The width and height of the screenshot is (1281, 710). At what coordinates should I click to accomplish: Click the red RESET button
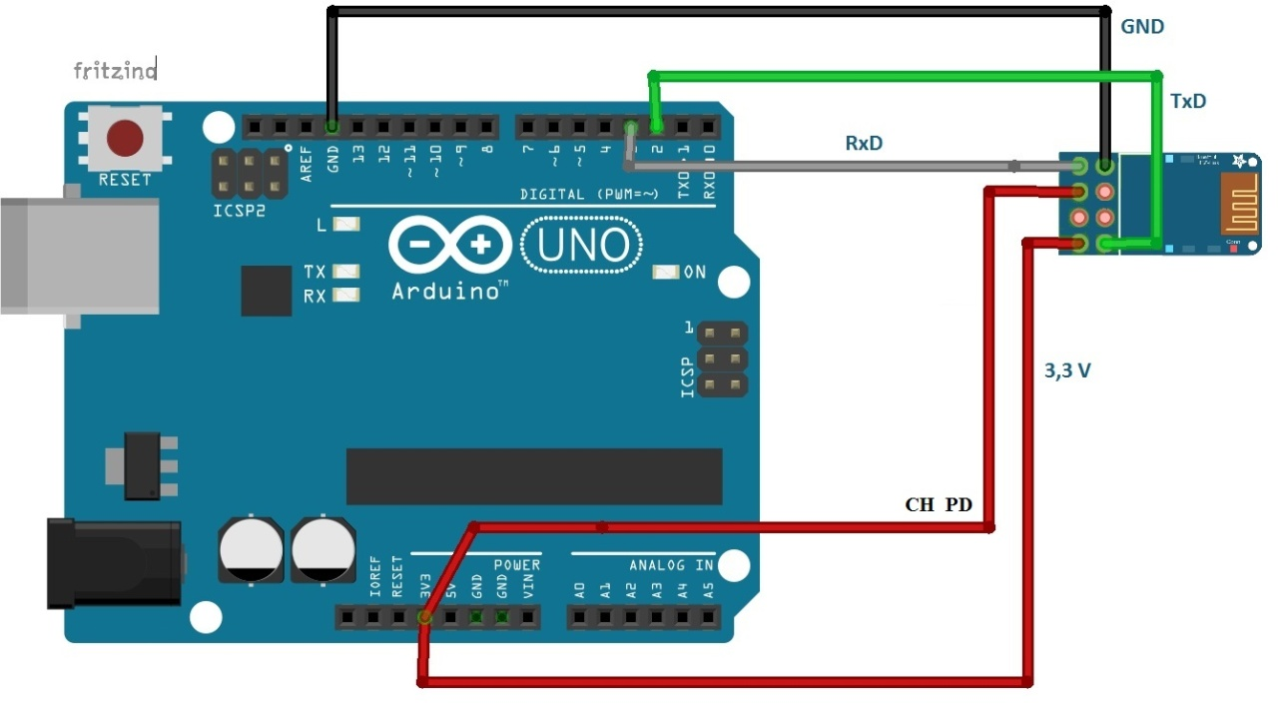pyautogui.click(x=125, y=139)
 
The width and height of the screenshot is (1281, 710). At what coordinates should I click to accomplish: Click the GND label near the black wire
pyautogui.click(x=1142, y=27)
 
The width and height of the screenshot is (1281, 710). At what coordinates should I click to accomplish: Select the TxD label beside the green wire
pyautogui.click(x=1187, y=101)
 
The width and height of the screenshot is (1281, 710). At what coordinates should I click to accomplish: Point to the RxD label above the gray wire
pyautogui.click(x=864, y=143)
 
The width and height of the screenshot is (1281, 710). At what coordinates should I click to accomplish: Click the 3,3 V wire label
pyautogui.click(x=1067, y=370)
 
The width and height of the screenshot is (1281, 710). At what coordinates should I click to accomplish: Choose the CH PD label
pyautogui.click(x=938, y=504)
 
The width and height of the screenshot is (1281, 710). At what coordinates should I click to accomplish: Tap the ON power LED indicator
pyautogui.click(x=666, y=272)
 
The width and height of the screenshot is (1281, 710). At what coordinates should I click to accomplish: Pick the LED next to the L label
pyautogui.click(x=345, y=225)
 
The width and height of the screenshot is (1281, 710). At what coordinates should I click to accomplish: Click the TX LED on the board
pyautogui.click(x=345, y=272)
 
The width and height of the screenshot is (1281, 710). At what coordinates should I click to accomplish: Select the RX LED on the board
pyautogui.click(x=345, y=295)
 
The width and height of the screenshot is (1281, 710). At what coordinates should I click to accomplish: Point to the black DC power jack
pyautogui.click(x=113, y=562)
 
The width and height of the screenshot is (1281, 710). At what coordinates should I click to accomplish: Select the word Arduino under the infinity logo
pyautogui.click(x=445, y=292)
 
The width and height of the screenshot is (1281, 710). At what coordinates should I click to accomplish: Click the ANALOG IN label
pyautogui.click(x=670, y=565)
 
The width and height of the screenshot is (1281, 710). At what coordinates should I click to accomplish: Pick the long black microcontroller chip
pyautogui.click(x=533, y=476)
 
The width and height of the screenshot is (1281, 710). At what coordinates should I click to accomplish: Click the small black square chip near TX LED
pyautogui.click(x=266, y=291)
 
